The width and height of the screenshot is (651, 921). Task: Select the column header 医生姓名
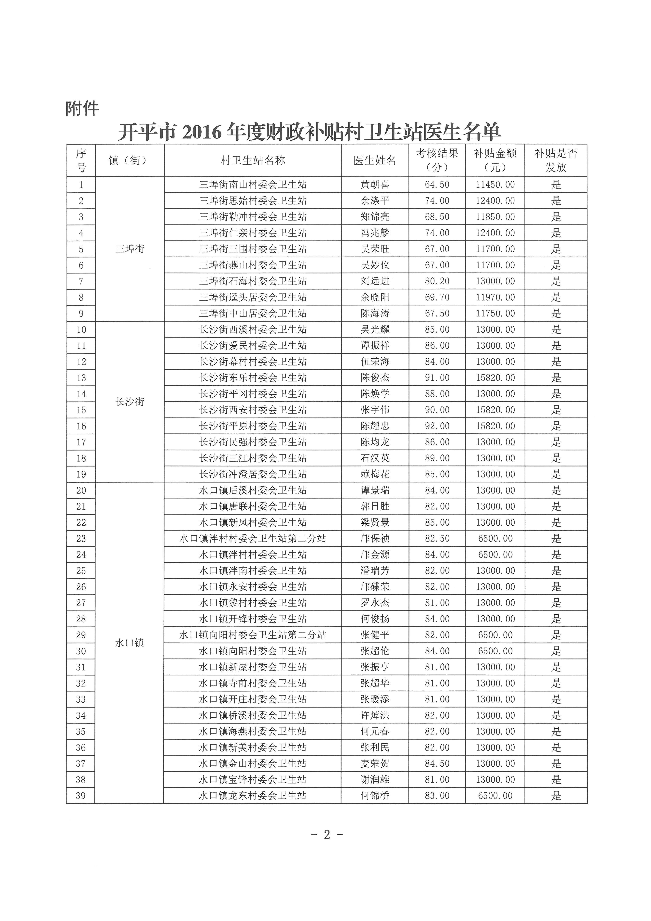375,160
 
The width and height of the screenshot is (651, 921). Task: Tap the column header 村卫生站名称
253,160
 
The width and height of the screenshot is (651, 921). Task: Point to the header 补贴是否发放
556,160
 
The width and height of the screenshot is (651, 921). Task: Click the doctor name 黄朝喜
375,185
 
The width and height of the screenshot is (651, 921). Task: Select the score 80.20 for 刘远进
437,281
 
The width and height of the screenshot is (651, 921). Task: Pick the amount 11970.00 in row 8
495,297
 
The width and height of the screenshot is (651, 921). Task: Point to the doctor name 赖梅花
375,474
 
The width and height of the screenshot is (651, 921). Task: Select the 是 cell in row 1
556,185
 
